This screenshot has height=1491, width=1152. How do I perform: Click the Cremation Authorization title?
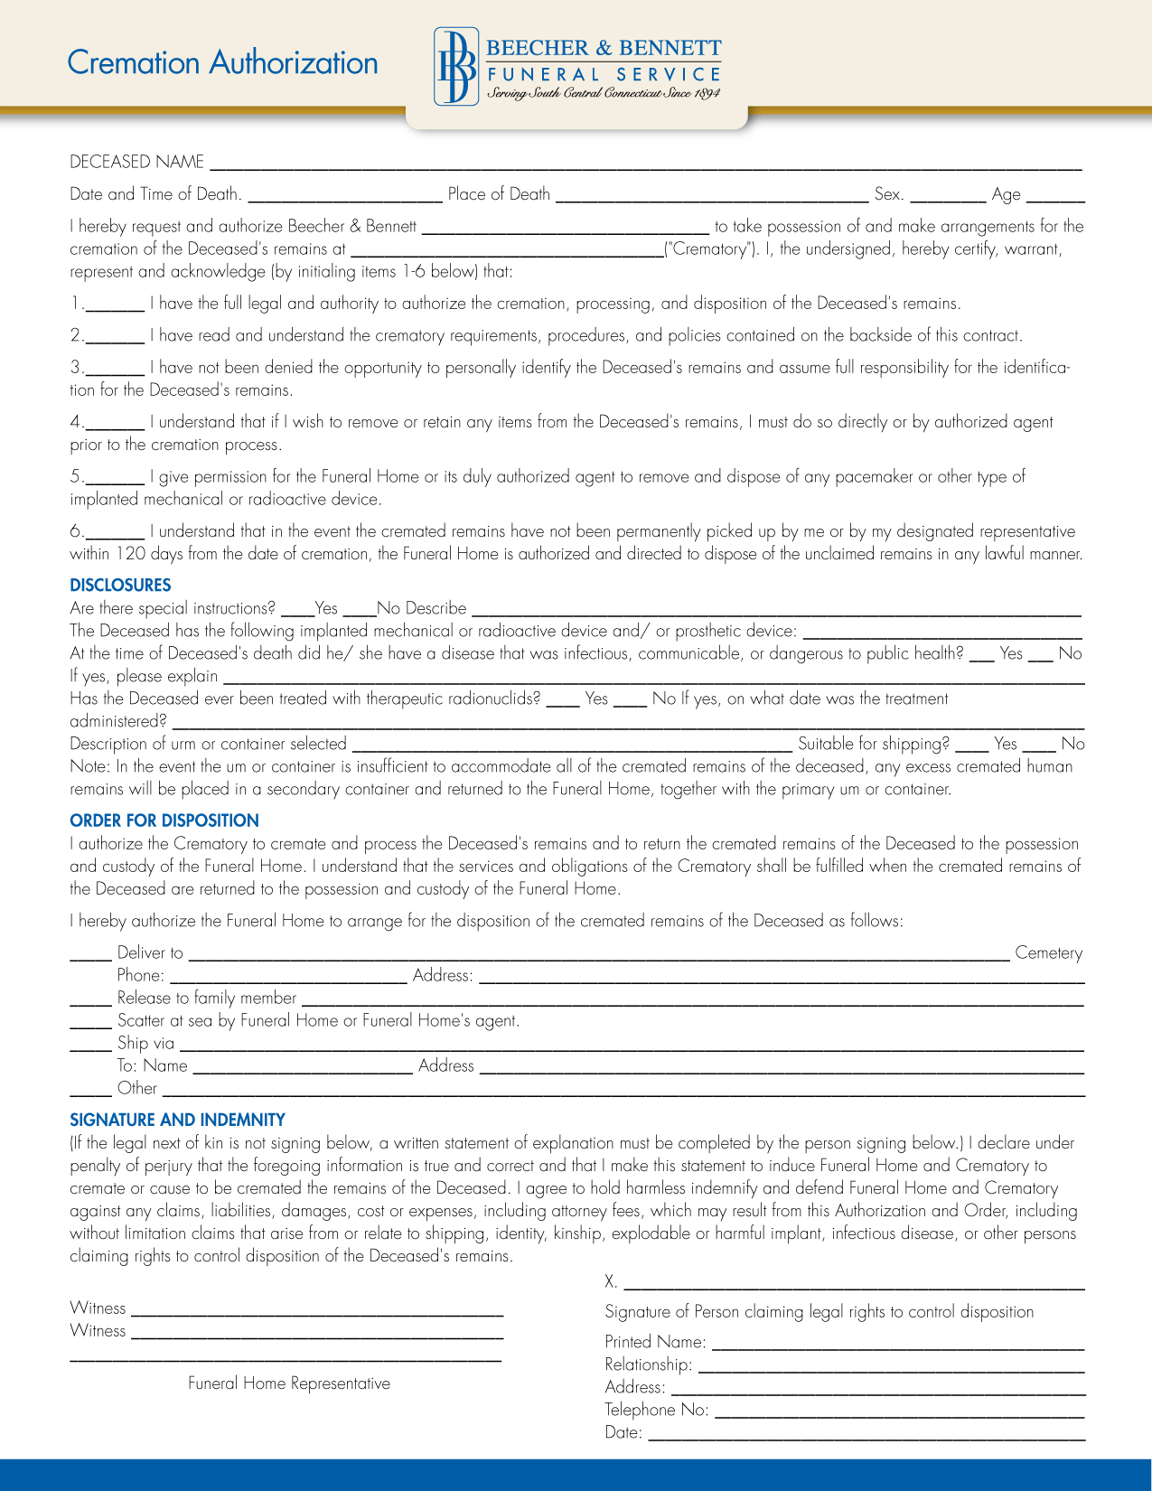coord(222,63)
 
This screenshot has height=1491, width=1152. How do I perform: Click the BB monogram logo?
coord(455,67)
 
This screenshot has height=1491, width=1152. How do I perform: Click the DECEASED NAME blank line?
coord(645,166)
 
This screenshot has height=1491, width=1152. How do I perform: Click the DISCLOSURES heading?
coord(120,585)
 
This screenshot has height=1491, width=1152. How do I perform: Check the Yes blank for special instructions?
coord(296,613)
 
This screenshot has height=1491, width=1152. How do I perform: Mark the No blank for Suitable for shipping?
coord(1039,748)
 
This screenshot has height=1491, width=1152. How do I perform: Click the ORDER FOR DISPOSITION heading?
coord(164,821)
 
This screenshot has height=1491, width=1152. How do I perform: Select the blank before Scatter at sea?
coord(90,1025)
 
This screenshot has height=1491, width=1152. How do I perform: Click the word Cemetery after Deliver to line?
coord(1048,953)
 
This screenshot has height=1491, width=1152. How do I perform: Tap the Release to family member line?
coord(691,1003)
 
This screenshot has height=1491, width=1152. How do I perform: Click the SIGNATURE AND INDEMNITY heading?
coord(177,1120)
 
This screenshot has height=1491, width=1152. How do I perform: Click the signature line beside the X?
coord(853,1286)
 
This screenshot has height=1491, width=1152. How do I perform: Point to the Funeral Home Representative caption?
coord(289,1383)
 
